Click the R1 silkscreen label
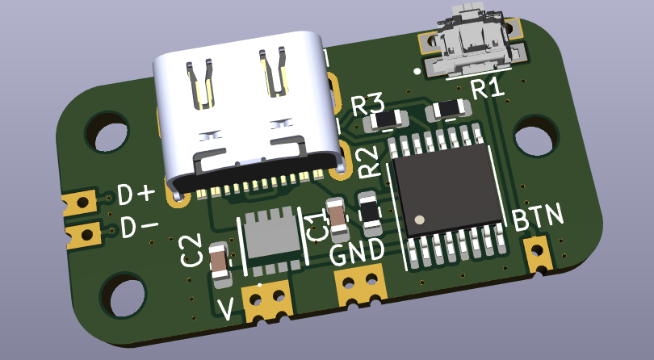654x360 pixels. click(x=488, y=89)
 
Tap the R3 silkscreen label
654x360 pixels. click(x=368, y=105)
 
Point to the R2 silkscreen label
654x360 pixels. click(x=369, y=162)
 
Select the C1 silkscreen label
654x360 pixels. click(x=316, y=227)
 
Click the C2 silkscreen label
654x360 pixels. click(x=191, y=250)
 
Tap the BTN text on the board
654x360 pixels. click(x=538, y=216)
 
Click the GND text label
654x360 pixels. click(x=357, y=253)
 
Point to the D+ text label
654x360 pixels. click(x=136, y=194)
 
